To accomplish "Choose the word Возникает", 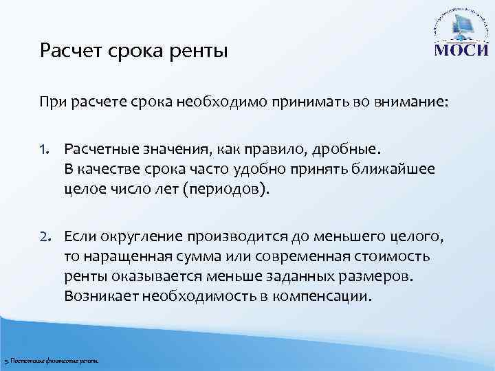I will coord(98,297).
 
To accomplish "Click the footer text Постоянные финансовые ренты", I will coord(55,361).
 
